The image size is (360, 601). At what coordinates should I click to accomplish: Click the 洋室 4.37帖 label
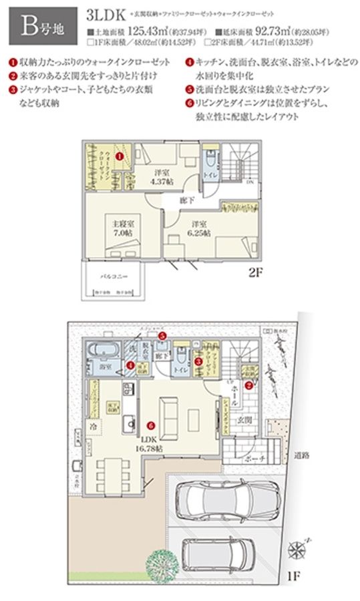161,175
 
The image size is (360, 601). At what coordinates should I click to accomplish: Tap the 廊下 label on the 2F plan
186,200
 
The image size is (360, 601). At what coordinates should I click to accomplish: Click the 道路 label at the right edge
303,456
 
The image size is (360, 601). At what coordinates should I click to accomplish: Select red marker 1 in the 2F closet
118,155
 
